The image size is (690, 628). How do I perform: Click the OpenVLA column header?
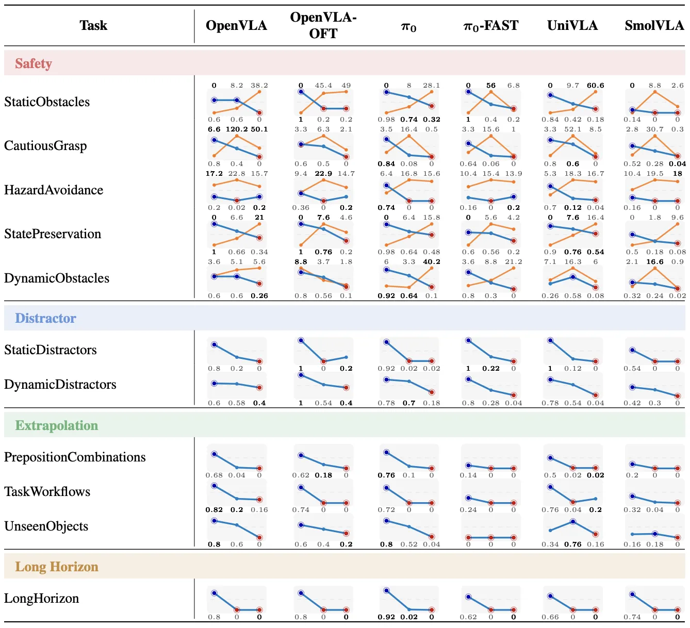[236, 25]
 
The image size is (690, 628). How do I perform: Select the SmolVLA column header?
[654, 25]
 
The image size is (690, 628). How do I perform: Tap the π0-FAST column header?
[491, 26]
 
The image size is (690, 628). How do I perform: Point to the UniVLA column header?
[572, 25]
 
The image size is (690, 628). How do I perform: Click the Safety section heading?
[34, 63]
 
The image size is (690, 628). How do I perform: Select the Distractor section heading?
[45, 318]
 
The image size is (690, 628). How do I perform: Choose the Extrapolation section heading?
[56, 425]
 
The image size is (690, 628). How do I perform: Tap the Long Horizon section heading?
[57, 567]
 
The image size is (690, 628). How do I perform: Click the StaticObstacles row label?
[47, 102]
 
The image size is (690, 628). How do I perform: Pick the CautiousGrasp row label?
[45, 146]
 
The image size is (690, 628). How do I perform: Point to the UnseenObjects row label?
[46, 526]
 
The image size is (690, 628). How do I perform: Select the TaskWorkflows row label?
[47, 491]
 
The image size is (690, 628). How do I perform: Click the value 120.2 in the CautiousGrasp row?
[237, 129]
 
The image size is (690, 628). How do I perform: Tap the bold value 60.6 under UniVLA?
[596, 85]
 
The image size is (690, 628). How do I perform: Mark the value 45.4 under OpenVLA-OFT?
[323, 85]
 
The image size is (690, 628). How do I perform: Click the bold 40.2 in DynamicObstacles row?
[431, 262]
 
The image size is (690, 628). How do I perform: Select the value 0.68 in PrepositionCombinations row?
[214, 475]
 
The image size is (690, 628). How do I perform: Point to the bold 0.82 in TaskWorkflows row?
[214, 510]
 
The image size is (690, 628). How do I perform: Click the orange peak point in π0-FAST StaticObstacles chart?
[491, 92]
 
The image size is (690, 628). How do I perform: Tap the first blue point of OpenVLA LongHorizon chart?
[214, 593]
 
